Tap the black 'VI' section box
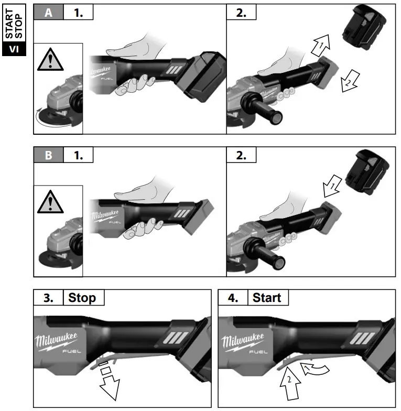pyautogui.click(x=14, y=50)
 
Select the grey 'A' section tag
pyautogui.click(x=48, y=13)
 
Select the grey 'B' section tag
pyautogui.click(x=48, y=156)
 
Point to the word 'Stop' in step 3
pyautogui.click(x=82, y=298)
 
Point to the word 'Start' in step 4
pyautogui.click(x=267, y=298)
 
